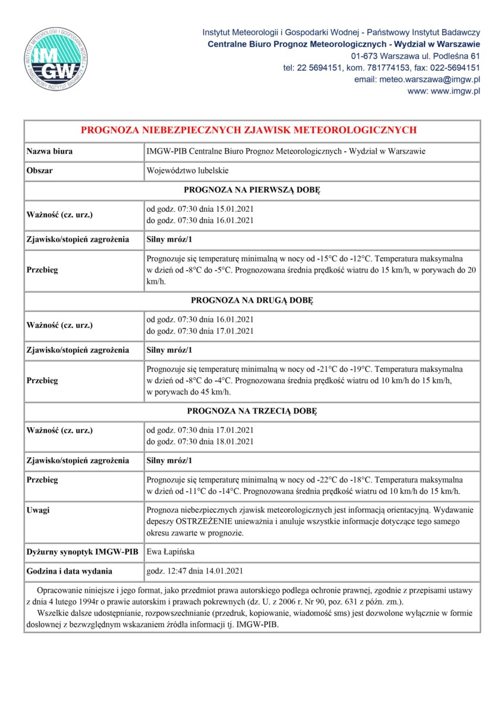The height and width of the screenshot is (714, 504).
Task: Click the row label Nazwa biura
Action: (50, 152)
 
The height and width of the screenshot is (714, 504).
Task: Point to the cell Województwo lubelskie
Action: (187, 171)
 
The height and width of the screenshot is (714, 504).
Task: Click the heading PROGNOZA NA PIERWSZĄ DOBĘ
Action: (252, 190)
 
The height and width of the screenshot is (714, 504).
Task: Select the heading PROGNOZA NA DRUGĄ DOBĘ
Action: (252, 301)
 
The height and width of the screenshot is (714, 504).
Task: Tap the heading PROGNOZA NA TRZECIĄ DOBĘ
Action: (252, 411)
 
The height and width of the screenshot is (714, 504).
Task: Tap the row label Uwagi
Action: (38, 510)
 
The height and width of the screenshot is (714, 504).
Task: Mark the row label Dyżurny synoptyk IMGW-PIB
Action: (82, 552)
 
